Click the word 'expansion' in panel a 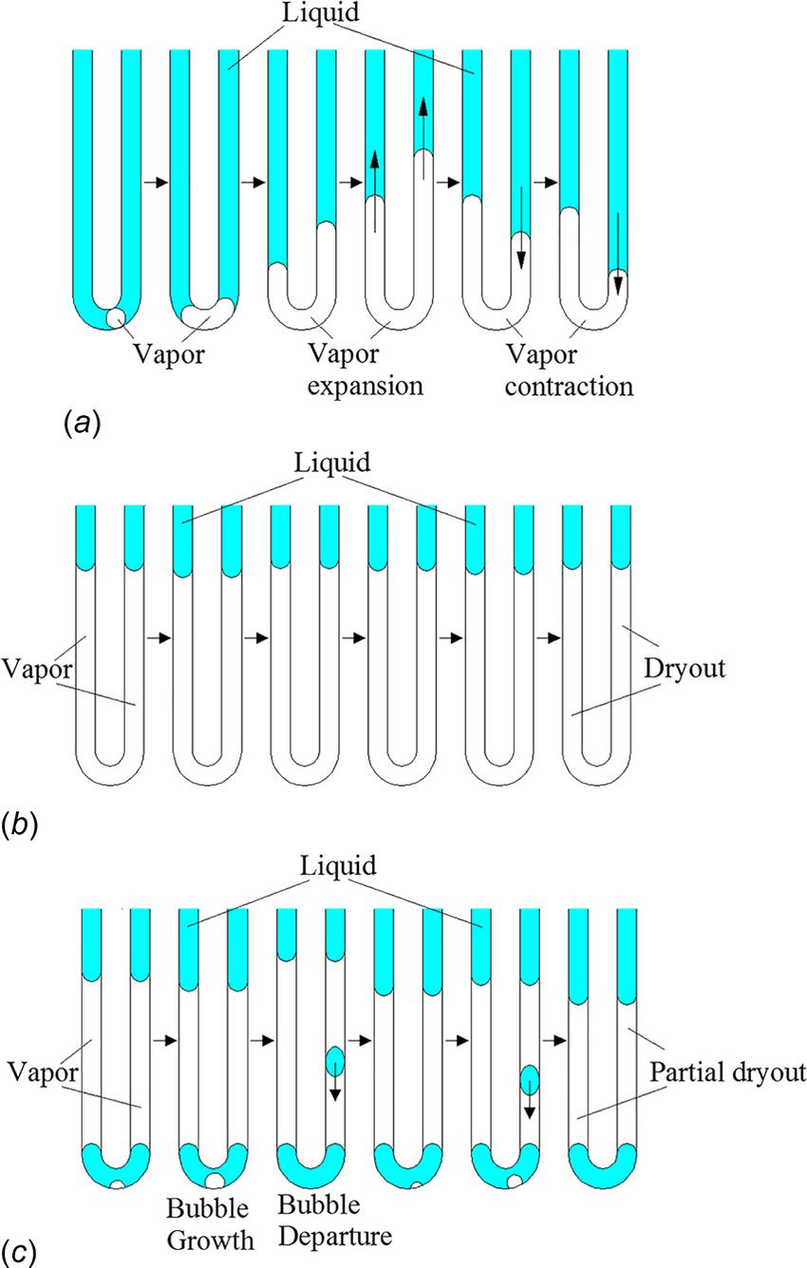[x=366, y=387]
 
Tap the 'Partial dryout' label [x=727, y=1073]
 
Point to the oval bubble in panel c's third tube [x=335, y=1060]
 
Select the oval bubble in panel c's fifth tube [x=530, y=1080]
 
